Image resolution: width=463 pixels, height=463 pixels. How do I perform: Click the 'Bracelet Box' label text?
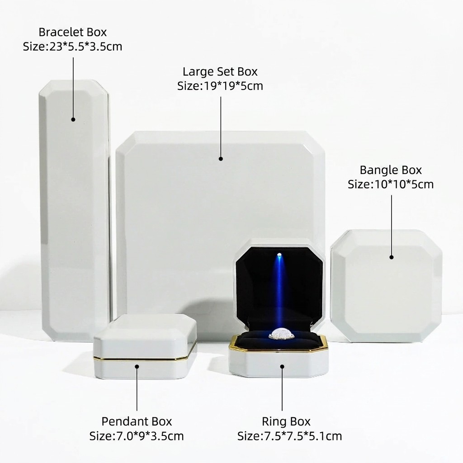tap(72, 32)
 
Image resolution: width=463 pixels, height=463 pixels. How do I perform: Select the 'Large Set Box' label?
tap(220, 71)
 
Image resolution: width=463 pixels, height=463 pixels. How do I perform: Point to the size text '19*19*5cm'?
tap(233, 86)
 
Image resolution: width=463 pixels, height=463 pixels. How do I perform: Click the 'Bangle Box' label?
tap(391, 170)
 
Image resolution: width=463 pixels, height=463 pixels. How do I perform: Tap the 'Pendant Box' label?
tap(137, 421)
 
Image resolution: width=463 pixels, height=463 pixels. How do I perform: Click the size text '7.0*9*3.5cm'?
tap(148, 436)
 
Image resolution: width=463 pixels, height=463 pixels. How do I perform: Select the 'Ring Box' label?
tap(286, 421)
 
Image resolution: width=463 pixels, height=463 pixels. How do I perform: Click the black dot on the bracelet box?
tap(73, 119)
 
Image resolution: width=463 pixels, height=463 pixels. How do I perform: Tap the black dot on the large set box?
tap(221, 159)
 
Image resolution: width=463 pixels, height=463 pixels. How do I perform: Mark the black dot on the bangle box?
tap(392, 257)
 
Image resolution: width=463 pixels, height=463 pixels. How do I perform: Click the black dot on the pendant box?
tap(137, 366)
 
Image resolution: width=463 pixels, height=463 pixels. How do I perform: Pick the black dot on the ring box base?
tap(282, 366)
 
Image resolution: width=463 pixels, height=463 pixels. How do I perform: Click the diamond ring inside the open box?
tap(281, 334)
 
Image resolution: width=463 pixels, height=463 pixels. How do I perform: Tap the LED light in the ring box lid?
tap(279, 255)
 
